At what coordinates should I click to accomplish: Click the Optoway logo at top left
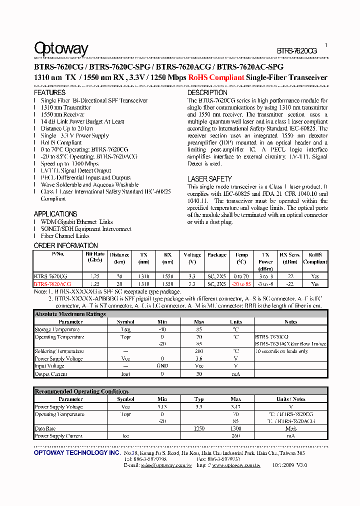point(61,48)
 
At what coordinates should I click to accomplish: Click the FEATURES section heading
point(49,92)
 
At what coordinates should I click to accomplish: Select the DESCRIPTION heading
point(207,92)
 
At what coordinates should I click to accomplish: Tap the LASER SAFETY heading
point(209,178)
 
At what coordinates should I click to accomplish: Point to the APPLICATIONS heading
point(55,214)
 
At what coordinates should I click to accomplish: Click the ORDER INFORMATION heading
point(66,245)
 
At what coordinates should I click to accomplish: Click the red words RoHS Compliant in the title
point(216,77)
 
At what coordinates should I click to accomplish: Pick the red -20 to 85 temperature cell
point(241,283)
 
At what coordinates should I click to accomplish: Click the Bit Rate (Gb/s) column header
point(95,257)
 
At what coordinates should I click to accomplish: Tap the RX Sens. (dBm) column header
point(290,258)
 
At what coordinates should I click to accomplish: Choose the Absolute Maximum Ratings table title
point(70,314)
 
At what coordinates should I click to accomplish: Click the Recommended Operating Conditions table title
point(81,391)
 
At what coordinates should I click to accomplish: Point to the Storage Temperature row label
point(56,329)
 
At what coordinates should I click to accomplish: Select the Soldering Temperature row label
point(59,351)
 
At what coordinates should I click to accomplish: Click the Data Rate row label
point(44,428)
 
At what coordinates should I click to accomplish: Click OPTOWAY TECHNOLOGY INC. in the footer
point(77,452)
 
